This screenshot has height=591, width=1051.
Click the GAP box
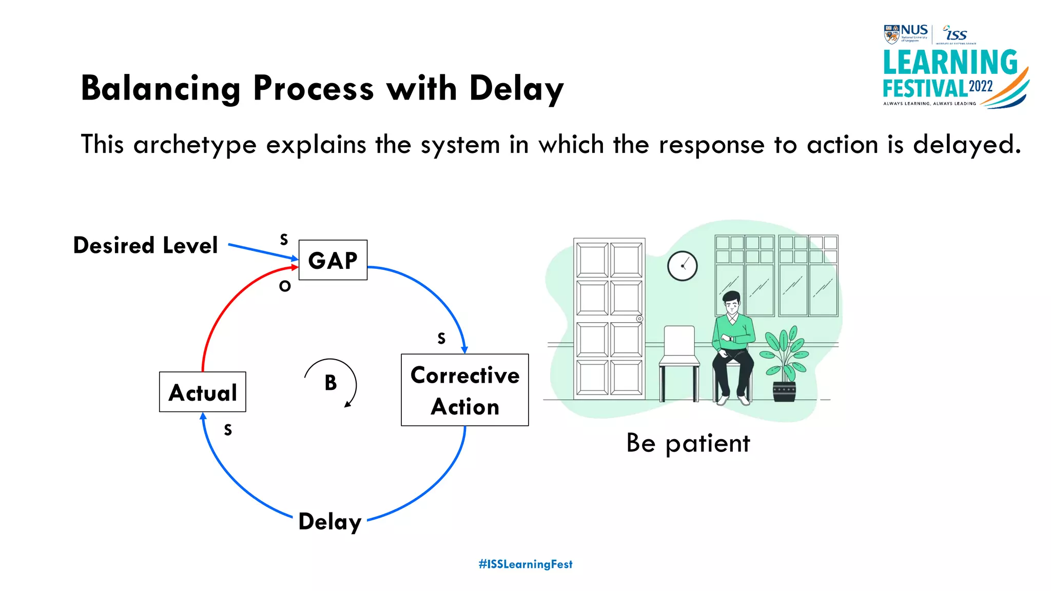point(333,260)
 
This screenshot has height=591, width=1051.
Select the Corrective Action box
point(464,390)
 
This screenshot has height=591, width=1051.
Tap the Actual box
point(203,392)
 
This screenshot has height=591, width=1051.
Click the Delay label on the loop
point(330,521)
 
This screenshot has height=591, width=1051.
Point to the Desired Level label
point(146,245)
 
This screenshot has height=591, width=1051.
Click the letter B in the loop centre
point(330,383)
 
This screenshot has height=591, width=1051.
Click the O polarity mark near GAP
point(285,286)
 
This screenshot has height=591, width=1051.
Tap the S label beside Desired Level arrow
point(284,240)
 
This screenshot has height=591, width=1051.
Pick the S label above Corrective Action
point(441,339)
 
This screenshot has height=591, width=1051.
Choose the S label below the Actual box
point(228,430)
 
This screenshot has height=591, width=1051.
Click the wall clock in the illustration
point(682,266)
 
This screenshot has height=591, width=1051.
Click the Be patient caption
point(688,443)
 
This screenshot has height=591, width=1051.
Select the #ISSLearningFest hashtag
point(525,564)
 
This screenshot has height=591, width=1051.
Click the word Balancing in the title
point(161,88)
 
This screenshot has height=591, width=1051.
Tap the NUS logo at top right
point(906,33)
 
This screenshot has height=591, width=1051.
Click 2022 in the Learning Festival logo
point(981,86)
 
